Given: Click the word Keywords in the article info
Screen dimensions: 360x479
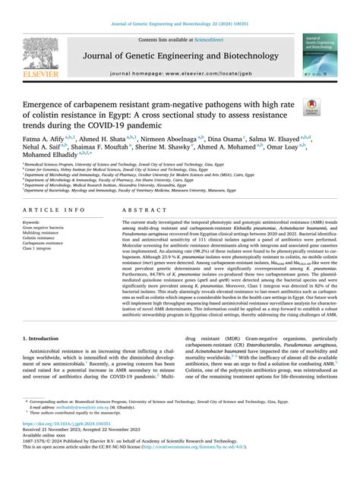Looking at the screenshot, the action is point(36,219).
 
